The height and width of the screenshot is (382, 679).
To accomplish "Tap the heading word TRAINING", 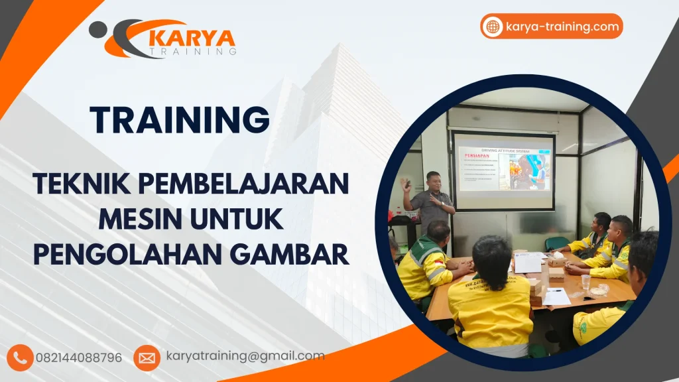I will (x=180, y=121).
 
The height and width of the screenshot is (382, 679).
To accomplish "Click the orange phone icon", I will (x=20, y=357).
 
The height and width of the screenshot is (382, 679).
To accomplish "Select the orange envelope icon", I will (x=147, y=357).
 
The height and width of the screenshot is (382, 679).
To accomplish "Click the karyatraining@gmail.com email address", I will (x=245, y=356).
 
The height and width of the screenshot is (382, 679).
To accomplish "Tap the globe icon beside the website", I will (x=493, y=27).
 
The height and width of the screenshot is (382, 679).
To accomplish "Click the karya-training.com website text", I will (x=562, y=27).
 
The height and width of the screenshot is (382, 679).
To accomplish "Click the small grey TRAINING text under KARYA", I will (x=193, y=50).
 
